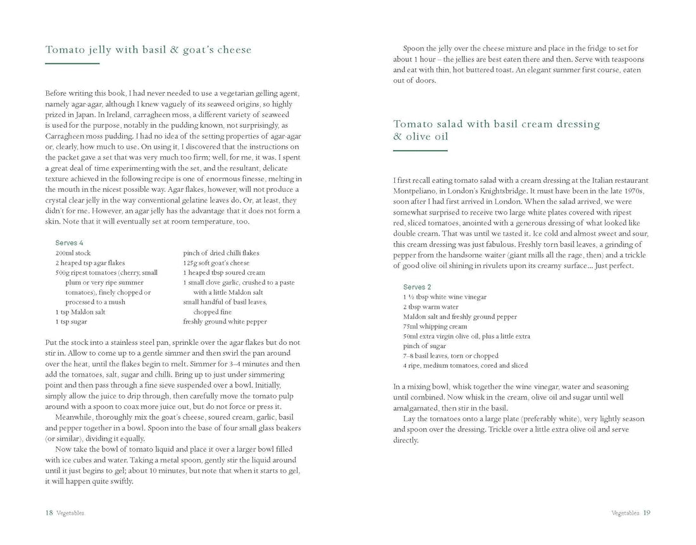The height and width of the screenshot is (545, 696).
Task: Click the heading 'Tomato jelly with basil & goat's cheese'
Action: click(148, 50)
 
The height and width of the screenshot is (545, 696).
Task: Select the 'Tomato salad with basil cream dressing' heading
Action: click(496, 124)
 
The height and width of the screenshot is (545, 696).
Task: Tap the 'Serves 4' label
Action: click(69, 243)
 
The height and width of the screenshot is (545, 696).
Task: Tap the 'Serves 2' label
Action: click(417, 287)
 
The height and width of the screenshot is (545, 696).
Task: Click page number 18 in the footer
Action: click(49, 513)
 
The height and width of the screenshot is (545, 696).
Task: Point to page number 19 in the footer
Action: click(646, 513)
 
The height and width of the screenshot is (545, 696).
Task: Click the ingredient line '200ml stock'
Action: click(73, 253)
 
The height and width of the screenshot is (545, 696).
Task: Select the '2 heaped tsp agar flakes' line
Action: click(90, 263)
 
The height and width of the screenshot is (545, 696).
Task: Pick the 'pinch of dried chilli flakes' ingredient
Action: click(221, 253)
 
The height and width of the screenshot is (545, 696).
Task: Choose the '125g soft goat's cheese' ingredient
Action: click(216, 263)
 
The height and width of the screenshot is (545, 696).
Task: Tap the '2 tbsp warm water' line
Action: click(432, 306)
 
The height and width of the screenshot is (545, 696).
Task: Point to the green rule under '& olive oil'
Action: click(420, 151)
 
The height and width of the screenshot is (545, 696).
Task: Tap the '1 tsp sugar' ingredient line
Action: click(71, 322)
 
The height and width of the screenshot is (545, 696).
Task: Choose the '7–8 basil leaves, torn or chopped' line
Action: click(451, 356)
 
